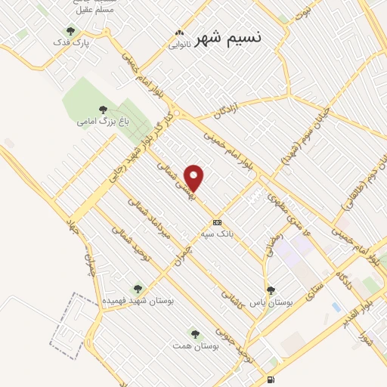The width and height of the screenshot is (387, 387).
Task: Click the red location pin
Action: (x=195, y=178)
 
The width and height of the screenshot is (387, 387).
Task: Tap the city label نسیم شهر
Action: (x=227, y=38)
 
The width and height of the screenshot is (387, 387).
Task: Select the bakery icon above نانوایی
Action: (x=180, y=33)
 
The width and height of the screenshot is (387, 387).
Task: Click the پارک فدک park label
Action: (x=76, y=43)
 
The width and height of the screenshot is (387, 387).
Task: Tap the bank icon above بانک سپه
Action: (x=217, y=222)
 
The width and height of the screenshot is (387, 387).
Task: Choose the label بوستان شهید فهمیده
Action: (x=138, y=300)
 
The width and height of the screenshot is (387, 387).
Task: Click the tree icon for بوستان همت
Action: (x=195, y=333)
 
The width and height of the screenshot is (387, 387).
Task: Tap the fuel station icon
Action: (x=271, y=379)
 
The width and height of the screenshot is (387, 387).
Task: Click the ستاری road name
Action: (x=311, y=292)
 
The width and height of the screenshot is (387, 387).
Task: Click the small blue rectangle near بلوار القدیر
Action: (x=336, y=307)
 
